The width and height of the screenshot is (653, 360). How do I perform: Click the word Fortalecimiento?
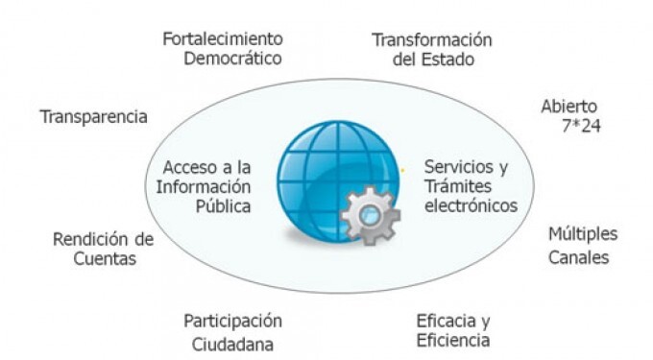tap(222, 39)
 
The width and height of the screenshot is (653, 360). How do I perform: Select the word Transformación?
tap(432, 40)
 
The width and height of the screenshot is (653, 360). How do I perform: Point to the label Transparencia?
tap(93, 116)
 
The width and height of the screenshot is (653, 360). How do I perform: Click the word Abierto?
tap(569, 107)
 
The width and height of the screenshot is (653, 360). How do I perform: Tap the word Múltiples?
tap(583, 234)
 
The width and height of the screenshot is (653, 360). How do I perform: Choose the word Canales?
tap(579, 256)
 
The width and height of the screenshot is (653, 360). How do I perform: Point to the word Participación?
tap(233, 321)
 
